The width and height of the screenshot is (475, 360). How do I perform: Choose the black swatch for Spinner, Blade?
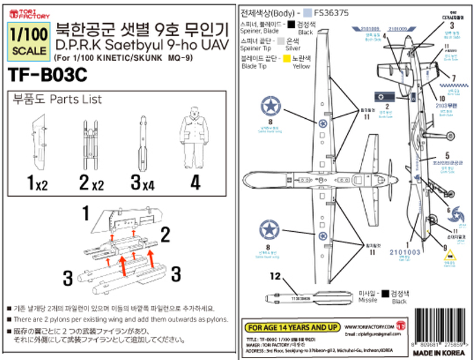[x=290, y=24]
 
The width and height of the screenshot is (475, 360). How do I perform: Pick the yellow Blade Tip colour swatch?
[x=287, y=59]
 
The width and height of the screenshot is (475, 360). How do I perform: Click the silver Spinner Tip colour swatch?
[x=287, y=42]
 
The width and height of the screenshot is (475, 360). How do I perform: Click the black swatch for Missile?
[x=387, y=293]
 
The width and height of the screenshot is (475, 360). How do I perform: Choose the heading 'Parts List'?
[x=76, y=99]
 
